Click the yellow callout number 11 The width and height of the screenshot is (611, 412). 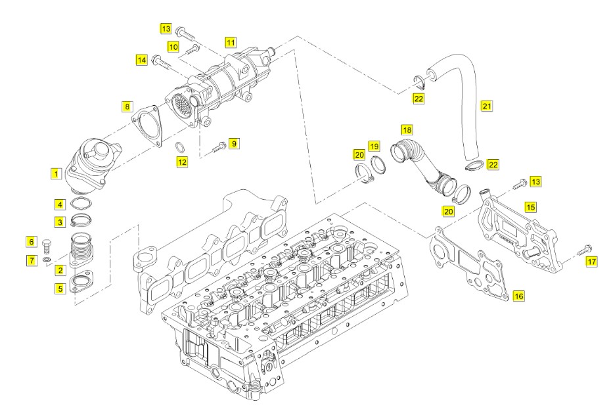pos(231,43)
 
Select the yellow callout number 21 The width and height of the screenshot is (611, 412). pos(487,106)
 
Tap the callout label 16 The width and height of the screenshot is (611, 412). pos(518,296)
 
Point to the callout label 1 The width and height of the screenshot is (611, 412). pos(56,174)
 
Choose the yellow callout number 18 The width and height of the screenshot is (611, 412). pos(407,130)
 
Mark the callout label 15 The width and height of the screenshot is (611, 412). pos(530,207)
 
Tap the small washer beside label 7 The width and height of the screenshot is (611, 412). pos(47,260)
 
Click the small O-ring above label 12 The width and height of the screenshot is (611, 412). pos(180,147)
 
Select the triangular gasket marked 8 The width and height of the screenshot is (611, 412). pos(147,126)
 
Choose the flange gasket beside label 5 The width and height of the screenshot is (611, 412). pos(81,283)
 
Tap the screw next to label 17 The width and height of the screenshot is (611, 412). pos(583,250)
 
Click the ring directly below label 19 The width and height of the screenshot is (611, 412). pos(378,164)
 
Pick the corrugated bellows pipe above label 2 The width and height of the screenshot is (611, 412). pos(81,248)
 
